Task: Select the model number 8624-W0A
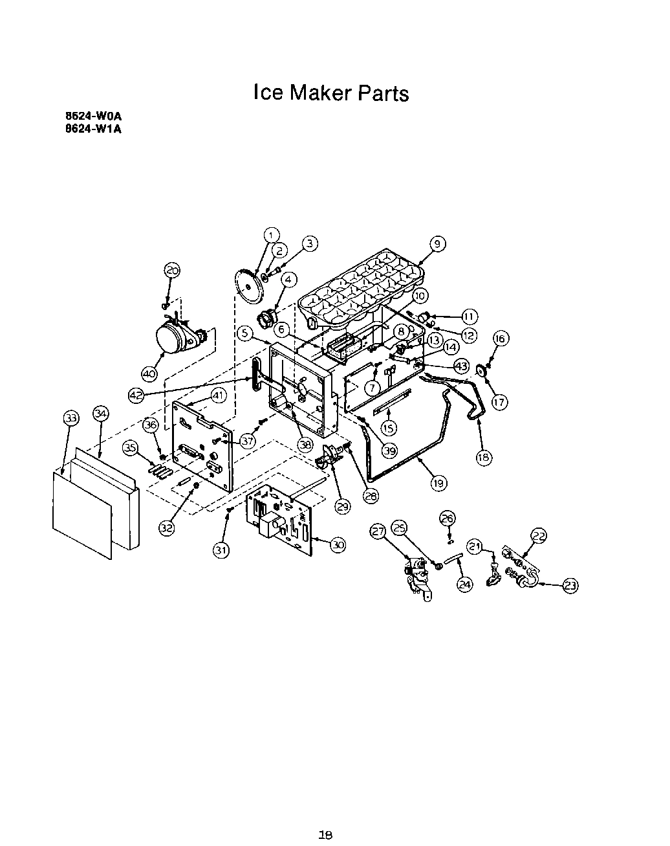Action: click(x=93, y=117)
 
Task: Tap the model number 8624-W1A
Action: click(x=93, y=128)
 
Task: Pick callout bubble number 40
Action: click(x=149, y=373)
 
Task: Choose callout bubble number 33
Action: click(x=71, y=418)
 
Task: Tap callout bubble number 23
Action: click(x=570, y=586)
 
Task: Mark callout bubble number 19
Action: click(x=438, y=482)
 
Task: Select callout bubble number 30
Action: click(x=338, y=545)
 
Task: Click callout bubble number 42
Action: click(x=136, y=395)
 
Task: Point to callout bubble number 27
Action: click(x=378, y=531)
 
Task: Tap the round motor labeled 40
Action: click(x=173, y=338)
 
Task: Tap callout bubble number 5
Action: click(x=244, y=333)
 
